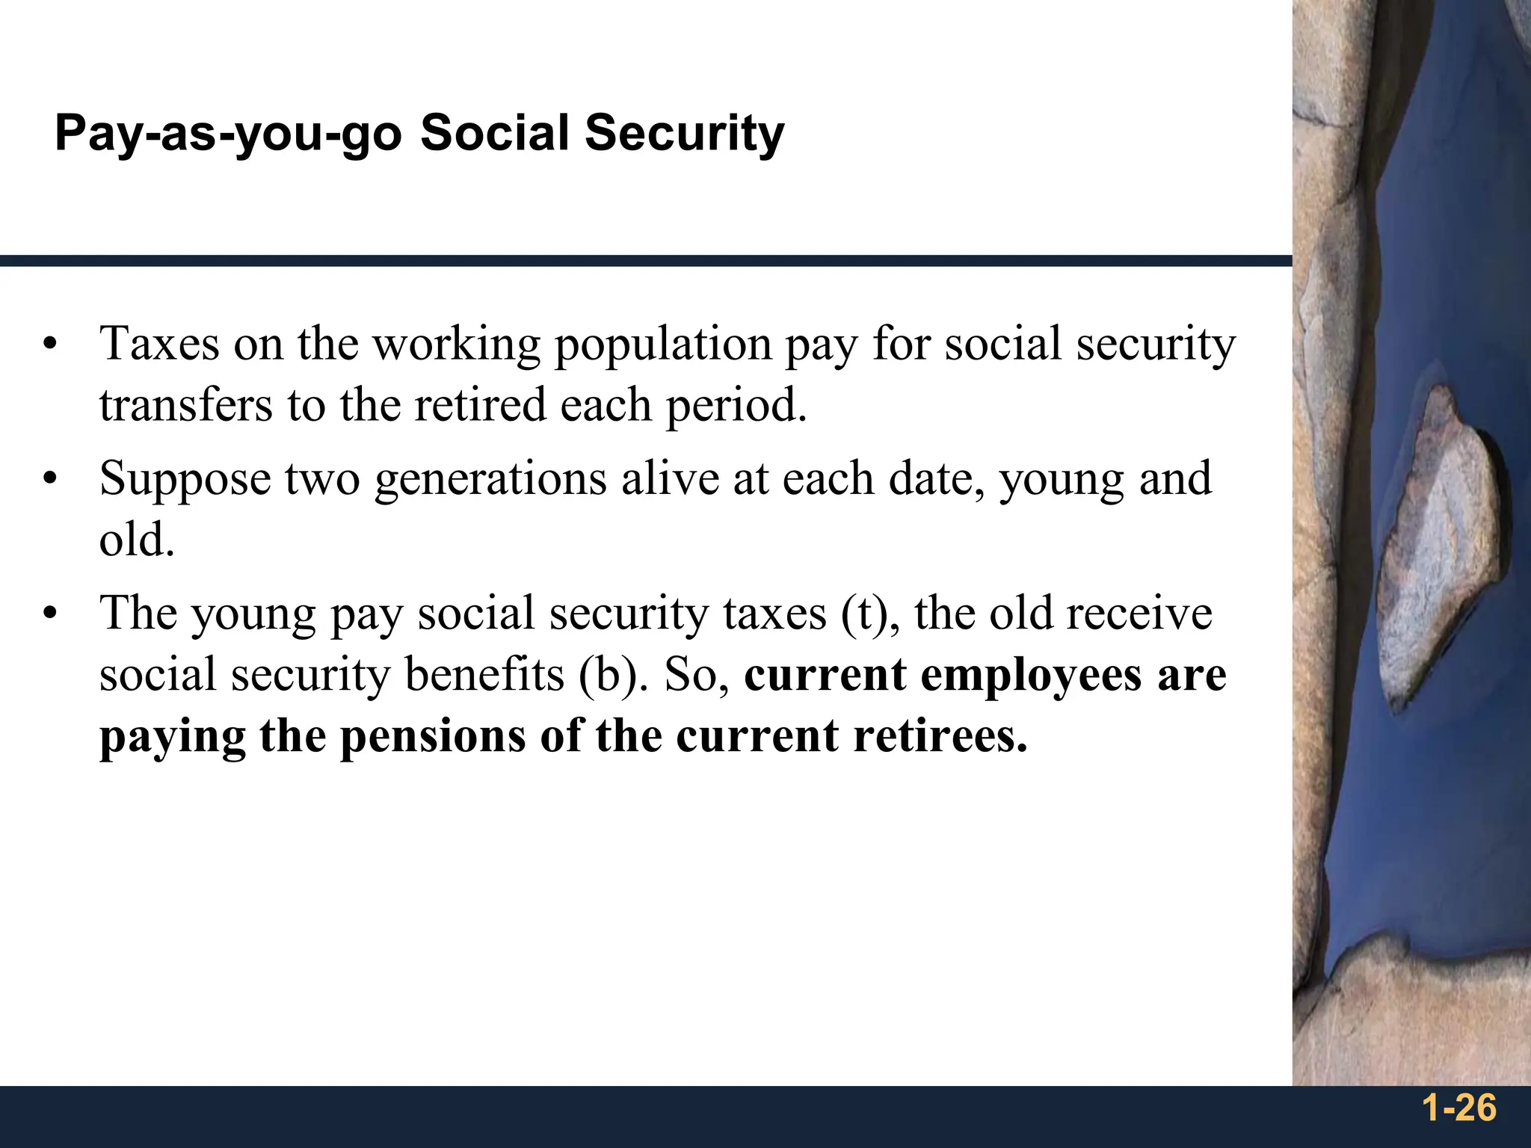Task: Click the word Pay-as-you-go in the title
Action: click(x=228, y=135)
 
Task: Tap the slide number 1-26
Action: click(x=1459, y=1108)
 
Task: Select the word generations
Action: click(x=490, y=480)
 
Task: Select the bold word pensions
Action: click(x=433, y=737)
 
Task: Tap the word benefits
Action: click(x=484, y=674)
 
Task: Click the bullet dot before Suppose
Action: click(x=50, y=479)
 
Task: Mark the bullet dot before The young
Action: click(x=50, y=614)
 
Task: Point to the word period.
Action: click(x=736, y=407)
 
